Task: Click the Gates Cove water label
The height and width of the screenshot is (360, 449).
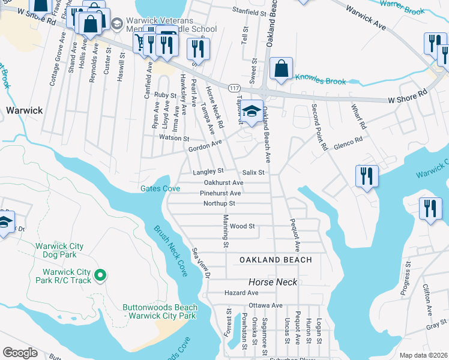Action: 160,188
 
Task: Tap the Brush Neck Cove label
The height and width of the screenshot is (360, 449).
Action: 170,251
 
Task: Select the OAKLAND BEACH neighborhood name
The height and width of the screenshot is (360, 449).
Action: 276,260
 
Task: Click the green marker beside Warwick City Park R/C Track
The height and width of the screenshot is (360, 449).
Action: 100,276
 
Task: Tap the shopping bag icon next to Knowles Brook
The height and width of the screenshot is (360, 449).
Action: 282,68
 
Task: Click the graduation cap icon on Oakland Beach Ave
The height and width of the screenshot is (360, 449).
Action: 253,110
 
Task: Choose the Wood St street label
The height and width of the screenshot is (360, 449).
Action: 243,226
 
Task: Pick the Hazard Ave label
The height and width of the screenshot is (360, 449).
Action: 241,293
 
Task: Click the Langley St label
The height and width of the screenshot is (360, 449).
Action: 208,172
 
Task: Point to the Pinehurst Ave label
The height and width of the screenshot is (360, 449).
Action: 220,193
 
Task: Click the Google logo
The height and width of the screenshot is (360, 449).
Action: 20,353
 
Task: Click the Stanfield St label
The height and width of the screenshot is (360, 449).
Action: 249,12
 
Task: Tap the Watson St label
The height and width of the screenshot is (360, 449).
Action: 174,138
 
